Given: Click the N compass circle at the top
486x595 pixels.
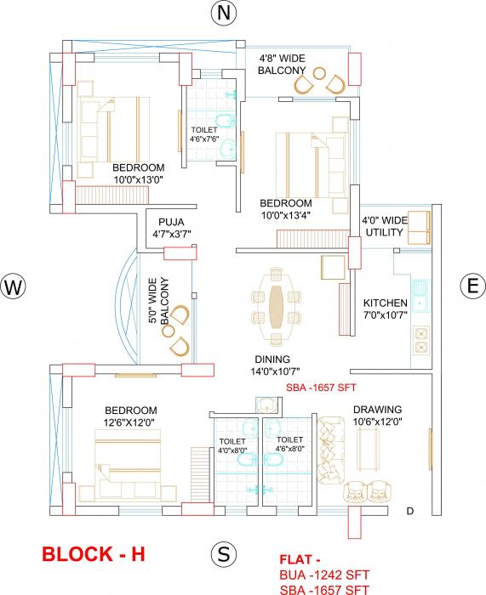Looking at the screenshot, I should (223, 14).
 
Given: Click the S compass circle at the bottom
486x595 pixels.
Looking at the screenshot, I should (223, 554).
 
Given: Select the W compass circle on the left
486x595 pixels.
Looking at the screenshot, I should (12, 287).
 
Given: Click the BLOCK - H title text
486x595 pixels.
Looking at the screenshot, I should (94, 555).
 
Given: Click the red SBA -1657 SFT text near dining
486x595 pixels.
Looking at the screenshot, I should (320, 388).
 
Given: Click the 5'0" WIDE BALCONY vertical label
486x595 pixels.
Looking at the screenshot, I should (154, 301).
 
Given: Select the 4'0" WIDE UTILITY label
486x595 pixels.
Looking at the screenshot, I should (386, 225).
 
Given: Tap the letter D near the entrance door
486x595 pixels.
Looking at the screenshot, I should (409, 511).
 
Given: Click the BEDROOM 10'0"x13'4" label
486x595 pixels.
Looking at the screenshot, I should (285, 209).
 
